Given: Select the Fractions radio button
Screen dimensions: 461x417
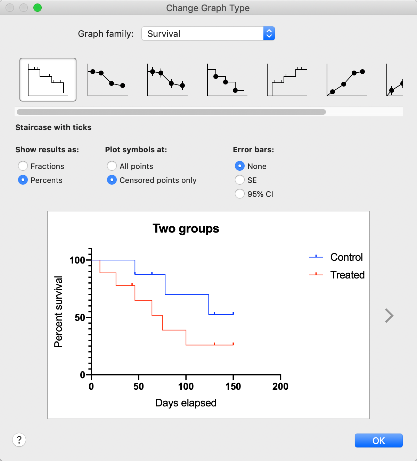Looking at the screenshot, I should [x=23, y=166].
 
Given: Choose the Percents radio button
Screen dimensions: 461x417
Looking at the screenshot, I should [x=23, y=180].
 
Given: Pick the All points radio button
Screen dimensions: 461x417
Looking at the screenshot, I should [x=112, y=166].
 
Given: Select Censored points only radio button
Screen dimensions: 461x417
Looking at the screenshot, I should [x=112, y=180].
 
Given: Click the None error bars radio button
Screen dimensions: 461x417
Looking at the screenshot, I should [x=240, y=166].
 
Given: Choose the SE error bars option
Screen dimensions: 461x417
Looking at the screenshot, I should [x=240, y=180].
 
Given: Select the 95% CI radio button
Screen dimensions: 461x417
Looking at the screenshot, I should [x=240, y=194].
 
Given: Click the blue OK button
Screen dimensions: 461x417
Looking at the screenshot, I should [x=378, y=440].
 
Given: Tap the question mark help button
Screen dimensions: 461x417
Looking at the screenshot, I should [x=19, y=440].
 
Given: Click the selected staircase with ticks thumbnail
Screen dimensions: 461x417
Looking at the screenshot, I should [x=48, y=80].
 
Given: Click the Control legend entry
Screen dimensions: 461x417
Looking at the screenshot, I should [x=346, y=257].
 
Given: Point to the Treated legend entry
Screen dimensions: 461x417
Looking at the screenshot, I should [x=347, y=275].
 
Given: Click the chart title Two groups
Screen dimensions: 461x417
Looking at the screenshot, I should [x=186, y=229].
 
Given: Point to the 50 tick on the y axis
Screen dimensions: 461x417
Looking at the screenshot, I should [x=80, y=317].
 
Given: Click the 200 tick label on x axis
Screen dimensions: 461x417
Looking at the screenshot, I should [x=280, y=386].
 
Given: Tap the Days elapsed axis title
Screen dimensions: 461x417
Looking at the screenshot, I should [x=186, y=403].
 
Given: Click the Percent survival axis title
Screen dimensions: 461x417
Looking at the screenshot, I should [x=58, y=312].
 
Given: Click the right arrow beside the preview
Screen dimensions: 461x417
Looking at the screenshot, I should [x=389, y=316].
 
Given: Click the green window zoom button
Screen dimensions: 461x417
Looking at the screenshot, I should [x=38, y=8].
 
